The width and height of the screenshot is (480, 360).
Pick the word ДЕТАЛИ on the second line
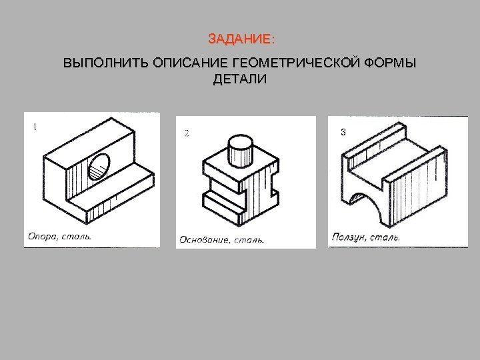(x=239, y=81)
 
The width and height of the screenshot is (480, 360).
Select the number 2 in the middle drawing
(x=187, y=133)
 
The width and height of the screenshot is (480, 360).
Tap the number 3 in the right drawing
(x=342, y=133)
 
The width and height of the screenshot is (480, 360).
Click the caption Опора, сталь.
(x=59, y=235)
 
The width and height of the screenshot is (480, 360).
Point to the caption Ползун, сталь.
(x=365, y=237)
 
